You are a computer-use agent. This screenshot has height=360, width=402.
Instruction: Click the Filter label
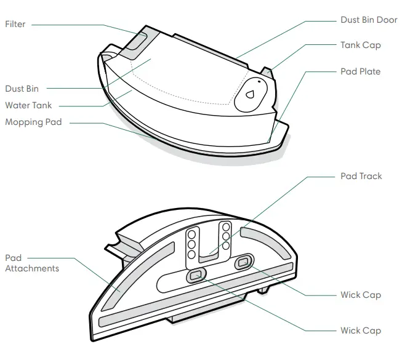[x=15, y=24]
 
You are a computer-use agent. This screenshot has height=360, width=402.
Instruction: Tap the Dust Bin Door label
[x=369, y=20]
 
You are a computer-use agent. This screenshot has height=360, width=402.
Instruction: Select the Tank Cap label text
[x=361, y=45]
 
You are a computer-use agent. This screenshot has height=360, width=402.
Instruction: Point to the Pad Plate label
[x=360, y=71]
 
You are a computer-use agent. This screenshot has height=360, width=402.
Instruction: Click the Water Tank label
[x=28, y=105]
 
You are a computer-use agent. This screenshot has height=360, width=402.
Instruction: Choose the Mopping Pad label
[x=33, y=122]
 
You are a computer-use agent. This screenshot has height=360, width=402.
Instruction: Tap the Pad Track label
[x=361, y=176]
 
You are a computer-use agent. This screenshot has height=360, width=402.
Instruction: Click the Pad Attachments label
[x=32, y=263]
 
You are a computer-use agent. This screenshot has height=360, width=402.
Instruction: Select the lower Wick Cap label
[x=361, y=330]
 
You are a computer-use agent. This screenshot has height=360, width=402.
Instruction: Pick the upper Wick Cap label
[x=361, y=295]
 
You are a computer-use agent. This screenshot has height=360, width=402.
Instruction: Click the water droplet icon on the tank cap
[x=250, y=94]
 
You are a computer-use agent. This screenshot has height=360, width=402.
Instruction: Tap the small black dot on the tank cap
[x=259, y=82]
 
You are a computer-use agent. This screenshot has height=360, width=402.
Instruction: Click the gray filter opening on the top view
[x=137, y=41]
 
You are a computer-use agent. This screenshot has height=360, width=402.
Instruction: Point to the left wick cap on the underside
[x=196, y=276]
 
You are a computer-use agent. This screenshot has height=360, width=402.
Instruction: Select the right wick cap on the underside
[x=244, y=262]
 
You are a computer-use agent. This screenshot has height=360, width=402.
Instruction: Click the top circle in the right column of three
[x=226, y=227]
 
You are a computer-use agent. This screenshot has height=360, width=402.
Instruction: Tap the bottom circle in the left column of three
[x=191, y=254]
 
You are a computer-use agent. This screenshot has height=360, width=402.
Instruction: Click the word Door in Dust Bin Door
[x=386, y=20]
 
